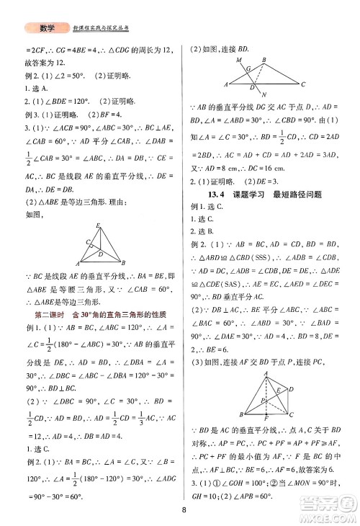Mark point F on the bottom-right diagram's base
[x=267, y=419]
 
